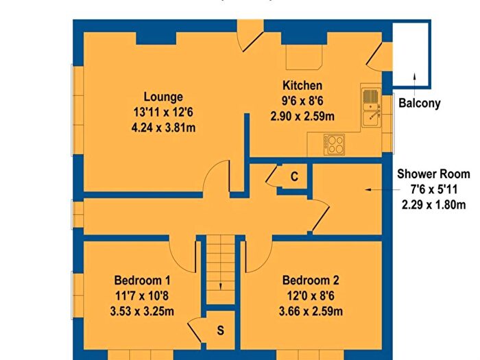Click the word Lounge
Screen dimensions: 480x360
pyautogui.click(x=163, y=97)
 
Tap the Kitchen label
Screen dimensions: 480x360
pyautogui.click(x=302, y=85)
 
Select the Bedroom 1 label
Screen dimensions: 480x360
pyautogui.click(x=143, y=280)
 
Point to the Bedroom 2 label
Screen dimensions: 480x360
pyautogui.click(x=311, y=280)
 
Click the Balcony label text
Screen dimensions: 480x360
pyautogui.click(x=420, y=103)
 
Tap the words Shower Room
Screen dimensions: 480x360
pyautogui.click(x=433, y=174)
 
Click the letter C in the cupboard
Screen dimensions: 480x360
pyautogui.click(x=294, y=177)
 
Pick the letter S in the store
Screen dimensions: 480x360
pyautogui.click(x=220, y=331)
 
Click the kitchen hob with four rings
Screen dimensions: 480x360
pyautogui.click(x=335, y=145)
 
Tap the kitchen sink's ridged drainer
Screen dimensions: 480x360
pyautogui.click(x=371, y=96)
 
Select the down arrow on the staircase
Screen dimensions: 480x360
pyautogui.click(x=220, y=286)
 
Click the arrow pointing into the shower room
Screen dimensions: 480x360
pyautogui.click(x=383, y=190)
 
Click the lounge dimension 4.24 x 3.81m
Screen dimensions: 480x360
pyautogui.click(x=163, y=128)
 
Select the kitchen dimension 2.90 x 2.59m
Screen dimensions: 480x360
pyautogui.click(x=302, y=117)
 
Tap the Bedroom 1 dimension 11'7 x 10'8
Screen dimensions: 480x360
pyautogui.click(x=142, y=296)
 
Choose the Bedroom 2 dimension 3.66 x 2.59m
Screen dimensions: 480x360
pyautogui.click(x=311, y=311)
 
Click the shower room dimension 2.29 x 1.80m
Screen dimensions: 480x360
pyautogui.click(x=434, y=204)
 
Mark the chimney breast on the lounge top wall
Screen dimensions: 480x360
pyautogui.click(x=156, y=38)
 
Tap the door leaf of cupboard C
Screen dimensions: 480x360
pyautogui.click(x=272, y=174)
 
